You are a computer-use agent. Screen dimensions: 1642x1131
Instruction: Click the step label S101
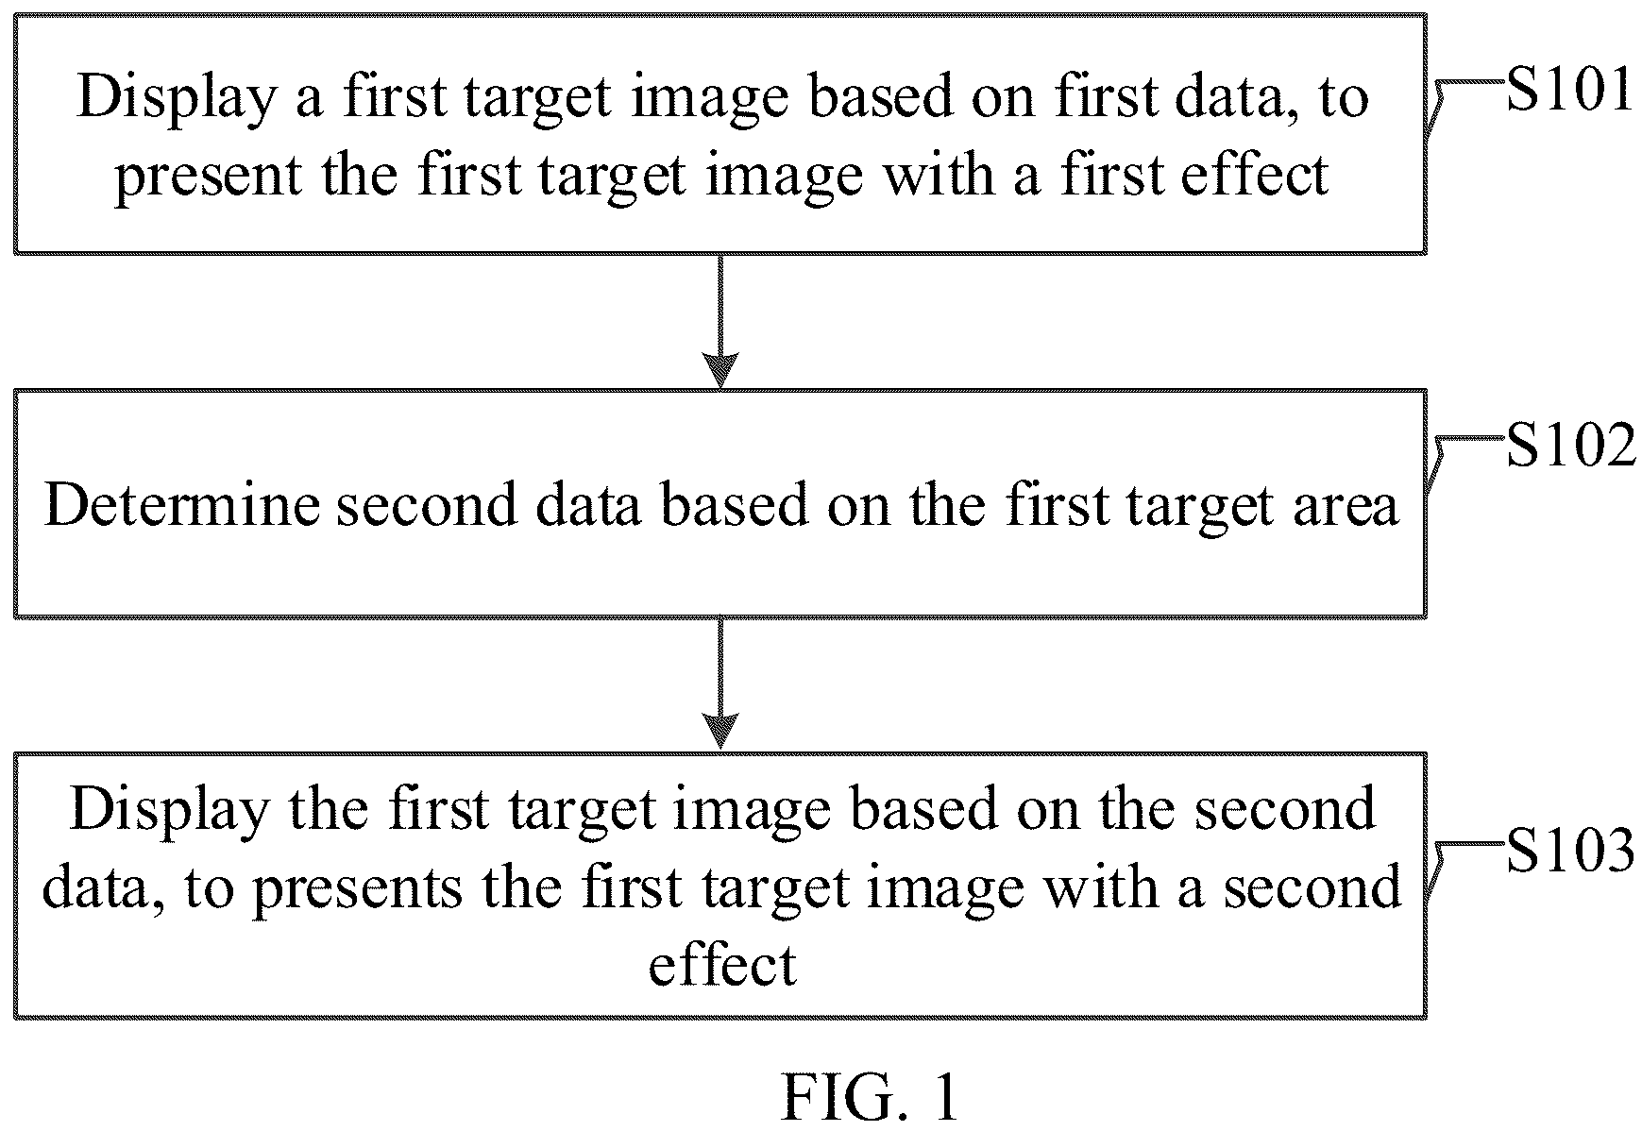tap(1568, 93)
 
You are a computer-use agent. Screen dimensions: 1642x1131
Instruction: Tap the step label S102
tap(1570, 447)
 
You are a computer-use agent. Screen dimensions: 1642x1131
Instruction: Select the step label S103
tap(1570, 851)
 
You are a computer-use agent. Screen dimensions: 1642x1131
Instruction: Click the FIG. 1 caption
tap(870, 1098)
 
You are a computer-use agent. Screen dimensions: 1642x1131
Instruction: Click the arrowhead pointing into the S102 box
tap(720, 369)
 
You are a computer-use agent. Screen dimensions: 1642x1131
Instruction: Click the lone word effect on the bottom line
tap(722, 965)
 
